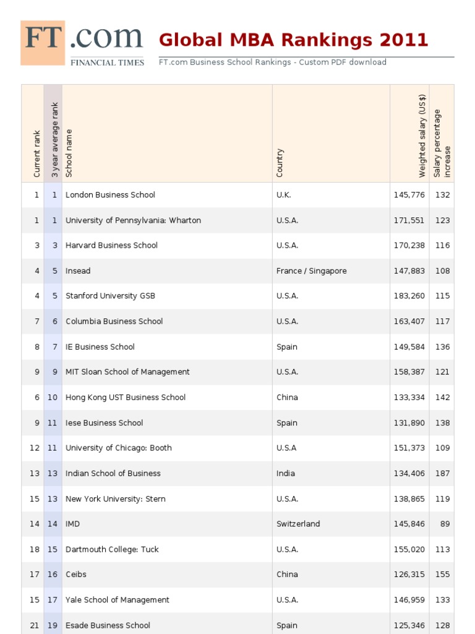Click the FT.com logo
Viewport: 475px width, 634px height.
82,43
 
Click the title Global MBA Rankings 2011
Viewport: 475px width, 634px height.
293,40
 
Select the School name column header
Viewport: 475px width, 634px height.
69,153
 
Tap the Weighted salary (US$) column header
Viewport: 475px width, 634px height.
422,136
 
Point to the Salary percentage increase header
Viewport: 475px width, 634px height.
442,144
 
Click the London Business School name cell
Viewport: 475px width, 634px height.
110,195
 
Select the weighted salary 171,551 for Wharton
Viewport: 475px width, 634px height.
409,220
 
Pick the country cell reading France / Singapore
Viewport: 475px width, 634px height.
311,271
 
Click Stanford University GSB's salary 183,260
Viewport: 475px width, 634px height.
409,296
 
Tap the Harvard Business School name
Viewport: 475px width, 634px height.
111,246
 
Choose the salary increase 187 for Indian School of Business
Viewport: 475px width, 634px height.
442,474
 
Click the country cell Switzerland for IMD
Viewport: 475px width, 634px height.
298,524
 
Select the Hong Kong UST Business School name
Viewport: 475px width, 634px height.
126,397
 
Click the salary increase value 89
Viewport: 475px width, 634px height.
445,524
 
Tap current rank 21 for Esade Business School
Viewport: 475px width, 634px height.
35,625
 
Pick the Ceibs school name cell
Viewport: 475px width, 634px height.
76,575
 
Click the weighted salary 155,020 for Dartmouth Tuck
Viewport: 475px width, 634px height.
409,549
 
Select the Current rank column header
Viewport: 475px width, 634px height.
37,154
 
